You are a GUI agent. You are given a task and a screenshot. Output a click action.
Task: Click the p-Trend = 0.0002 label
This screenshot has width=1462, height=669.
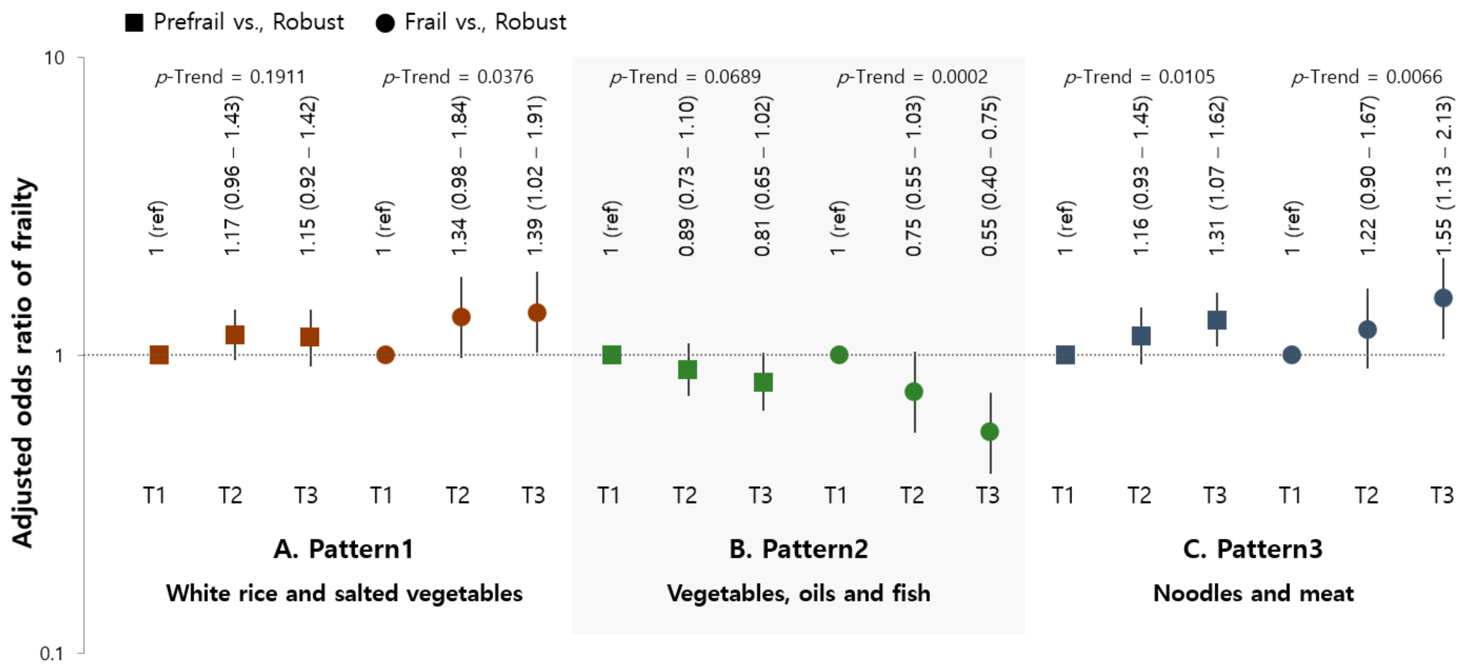[912, 77]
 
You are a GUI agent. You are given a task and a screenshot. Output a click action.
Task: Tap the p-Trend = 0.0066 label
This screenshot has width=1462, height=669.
[1367, 77]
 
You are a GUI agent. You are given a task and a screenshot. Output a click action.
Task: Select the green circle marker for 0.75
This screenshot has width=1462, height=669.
[914, 391]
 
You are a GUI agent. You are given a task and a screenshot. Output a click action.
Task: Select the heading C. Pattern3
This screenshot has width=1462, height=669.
[1253, 549]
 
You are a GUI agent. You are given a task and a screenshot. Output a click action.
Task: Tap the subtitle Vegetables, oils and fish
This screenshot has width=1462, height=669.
[798, 594]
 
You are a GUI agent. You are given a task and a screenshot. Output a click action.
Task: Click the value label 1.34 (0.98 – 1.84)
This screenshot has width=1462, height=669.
[460, 176]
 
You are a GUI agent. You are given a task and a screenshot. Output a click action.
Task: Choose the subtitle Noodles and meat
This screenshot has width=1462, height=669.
[1253, 594]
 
